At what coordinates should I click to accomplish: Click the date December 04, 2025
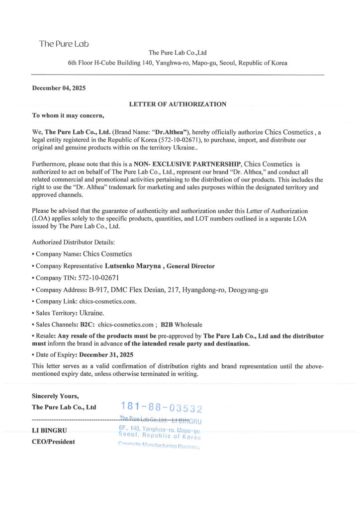(59, 88)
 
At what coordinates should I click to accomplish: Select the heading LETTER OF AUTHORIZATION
(178, 104)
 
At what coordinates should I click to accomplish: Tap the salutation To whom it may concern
(68, 115)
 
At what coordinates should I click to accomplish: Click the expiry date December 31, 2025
(108, 354)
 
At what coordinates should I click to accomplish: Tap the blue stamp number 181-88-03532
(161, 408)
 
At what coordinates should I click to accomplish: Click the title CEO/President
(54, 441)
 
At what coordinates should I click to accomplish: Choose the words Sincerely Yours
(55, 396)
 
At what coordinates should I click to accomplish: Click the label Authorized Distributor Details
(73, 242)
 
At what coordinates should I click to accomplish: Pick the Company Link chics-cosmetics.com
(108, 301)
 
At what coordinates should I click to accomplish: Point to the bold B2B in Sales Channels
(167, 324)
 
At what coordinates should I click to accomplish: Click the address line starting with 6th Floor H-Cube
(178, 63)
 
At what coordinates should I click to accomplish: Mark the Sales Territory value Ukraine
(91, 313)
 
